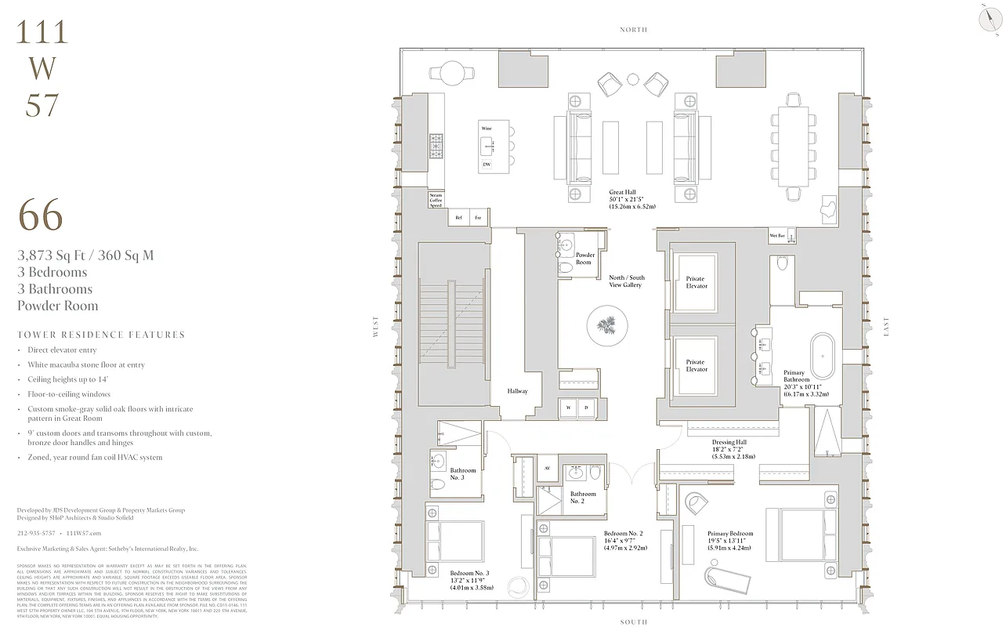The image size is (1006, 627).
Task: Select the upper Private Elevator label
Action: [x=696, y=282]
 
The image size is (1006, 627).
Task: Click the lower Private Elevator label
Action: [x=696, y=366]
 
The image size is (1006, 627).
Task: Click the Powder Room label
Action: [x=584, y=259]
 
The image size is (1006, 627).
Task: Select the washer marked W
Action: [x=568, y=408]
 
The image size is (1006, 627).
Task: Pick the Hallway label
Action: [x=517, y=391]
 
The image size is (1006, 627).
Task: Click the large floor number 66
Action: [x=40, y=216]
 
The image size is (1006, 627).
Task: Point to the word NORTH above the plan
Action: [x=633, y=30]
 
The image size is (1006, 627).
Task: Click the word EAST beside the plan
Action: [x=886, y=327]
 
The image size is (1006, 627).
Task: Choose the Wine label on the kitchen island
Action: [x=486, y=127]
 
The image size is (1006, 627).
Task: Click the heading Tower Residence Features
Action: [x=101, y=335]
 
